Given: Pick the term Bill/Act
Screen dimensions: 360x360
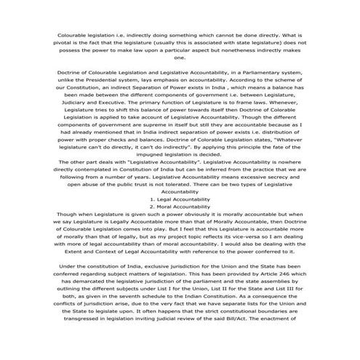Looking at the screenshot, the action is pyautogui.click(x=249, y=336).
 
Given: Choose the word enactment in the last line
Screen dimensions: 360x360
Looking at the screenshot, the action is pyautogui.click(x=285, y=336).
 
